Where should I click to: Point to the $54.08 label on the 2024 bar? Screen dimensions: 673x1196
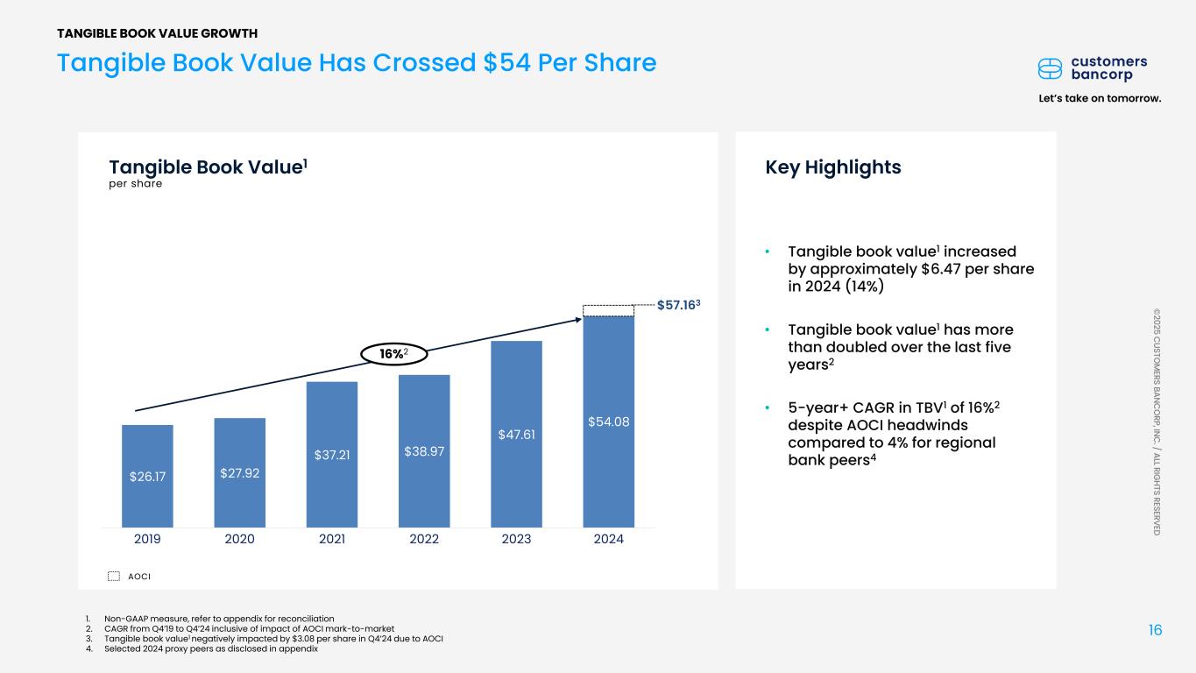coord(609,422)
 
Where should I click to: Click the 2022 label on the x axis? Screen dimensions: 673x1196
coord(424,539)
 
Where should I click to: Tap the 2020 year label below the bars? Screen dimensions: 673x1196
coord(239,539)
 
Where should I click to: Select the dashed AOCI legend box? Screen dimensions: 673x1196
coord(113,576)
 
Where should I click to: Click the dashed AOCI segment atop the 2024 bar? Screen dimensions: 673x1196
coord(609,309)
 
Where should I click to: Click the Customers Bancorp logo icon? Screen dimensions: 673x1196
coord(1050,68)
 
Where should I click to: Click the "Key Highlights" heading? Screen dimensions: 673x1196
coord(832,167)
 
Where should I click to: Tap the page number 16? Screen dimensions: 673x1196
coord(1155,630)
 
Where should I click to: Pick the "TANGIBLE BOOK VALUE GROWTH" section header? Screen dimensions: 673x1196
coord(158,33)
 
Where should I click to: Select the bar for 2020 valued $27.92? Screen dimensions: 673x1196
coord(239,472)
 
